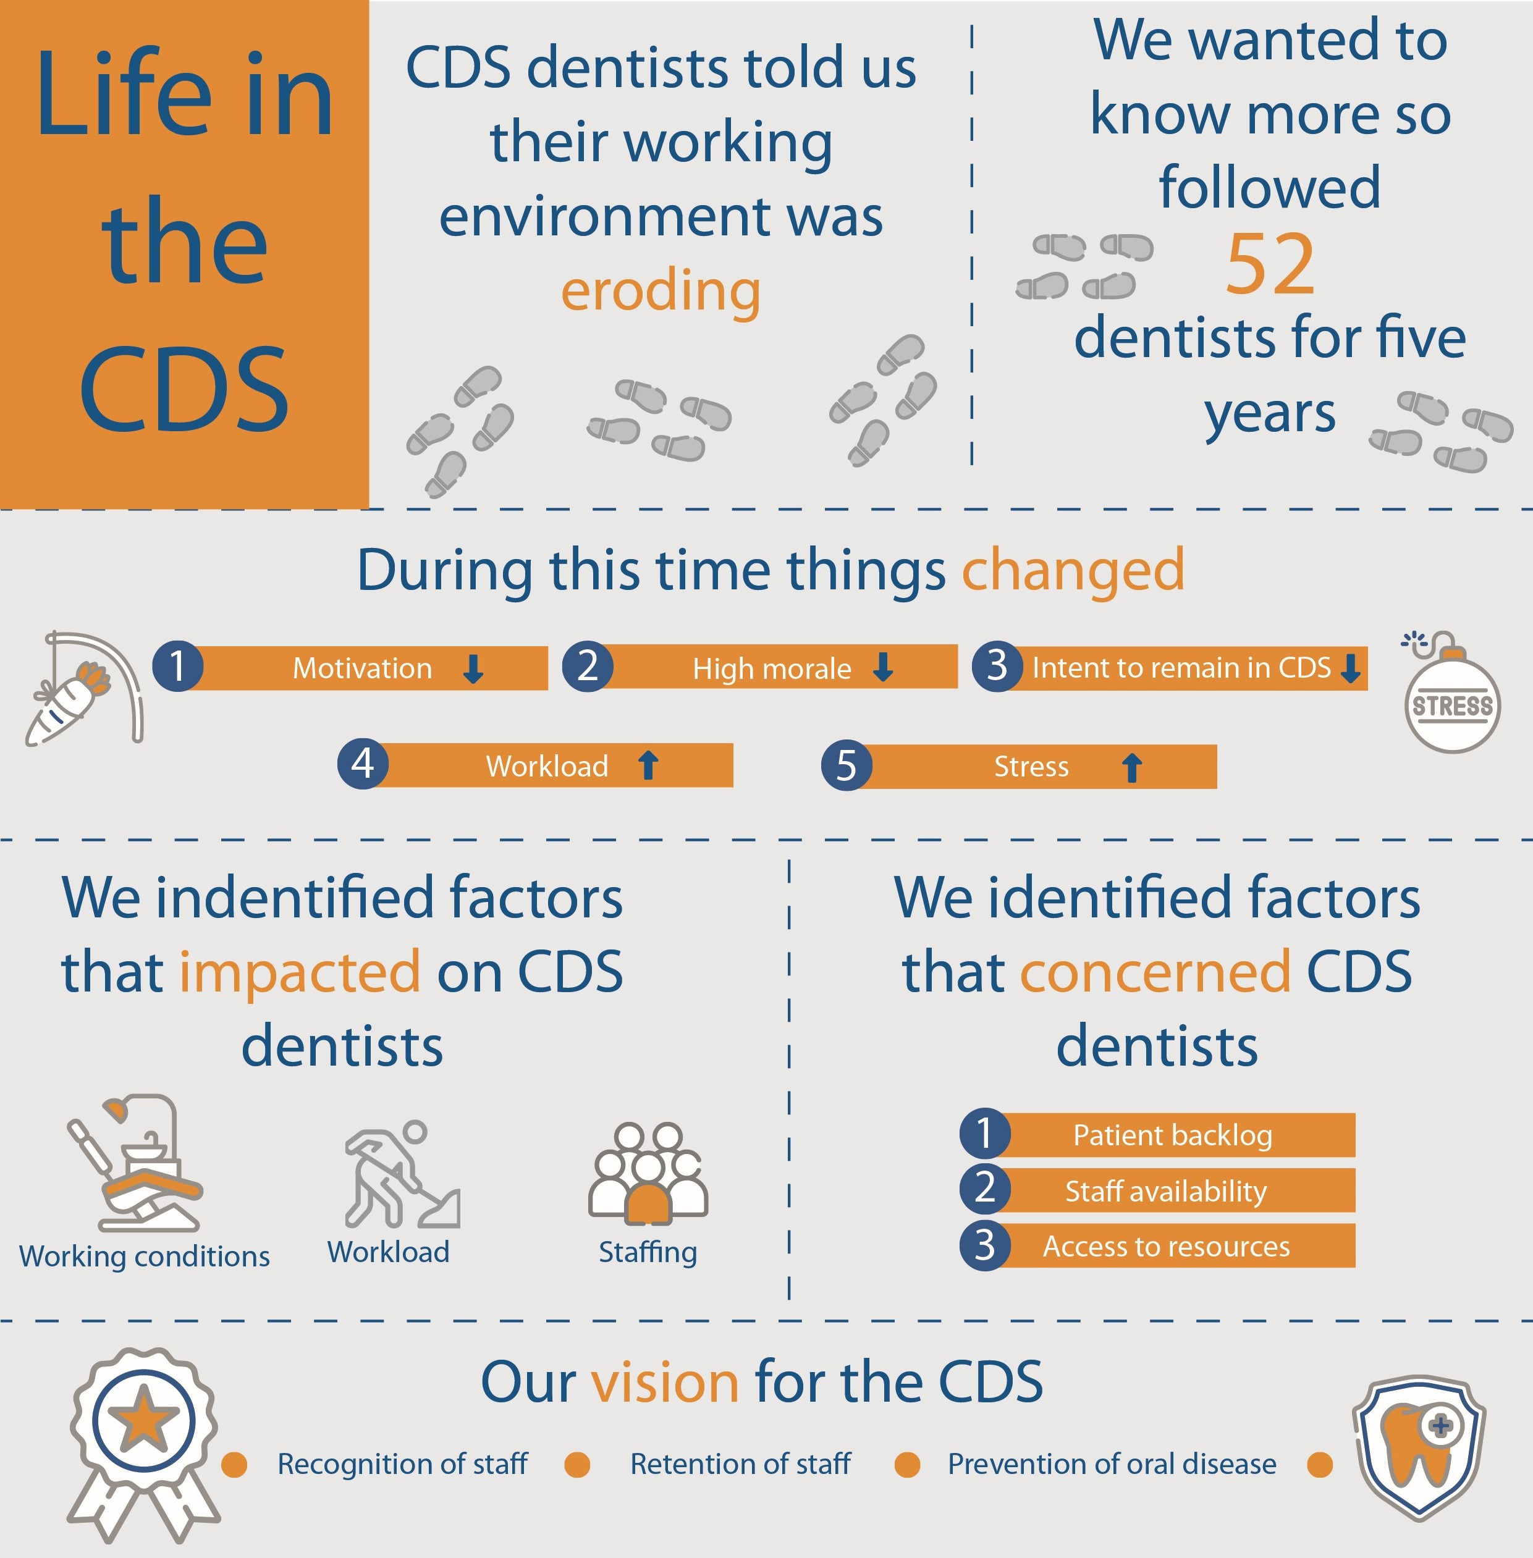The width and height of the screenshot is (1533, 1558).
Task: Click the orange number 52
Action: pyautogui.click(x=1270, y=264)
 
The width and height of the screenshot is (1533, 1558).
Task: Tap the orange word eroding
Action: pyautogui.click(x=660, y=292)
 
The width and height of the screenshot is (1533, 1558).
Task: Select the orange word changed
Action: pyautogui.click(x=1073, y=571)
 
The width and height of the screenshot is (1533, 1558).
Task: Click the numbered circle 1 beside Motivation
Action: pyautogui.click(x=178, y=666)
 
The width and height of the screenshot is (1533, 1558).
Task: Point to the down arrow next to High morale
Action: pyautogui.click(x=883, y=667)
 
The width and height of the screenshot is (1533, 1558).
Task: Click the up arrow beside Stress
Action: pyautogui.click(x=1132, y=767)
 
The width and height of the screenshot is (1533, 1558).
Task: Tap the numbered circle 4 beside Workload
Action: pyautogui.click(x=363, y=764)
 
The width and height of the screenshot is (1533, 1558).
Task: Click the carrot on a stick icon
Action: pyautogui.click(x=85, y=688)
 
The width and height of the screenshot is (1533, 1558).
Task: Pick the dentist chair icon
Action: pyautogui.click(x=135, y=1162)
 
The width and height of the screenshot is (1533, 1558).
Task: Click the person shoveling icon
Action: pyautogui.click(x=402, y=1173)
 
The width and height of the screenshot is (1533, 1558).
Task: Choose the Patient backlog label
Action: pyautogui.click(x=1172, y=1135)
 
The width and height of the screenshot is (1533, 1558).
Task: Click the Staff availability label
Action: pyautogui.click(x=1166, y=1191)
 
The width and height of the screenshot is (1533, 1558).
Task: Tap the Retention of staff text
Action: pyautogui.click(x=740, y=1464)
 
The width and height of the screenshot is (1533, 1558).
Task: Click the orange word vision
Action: pyautogui.click(x=665, y=1383)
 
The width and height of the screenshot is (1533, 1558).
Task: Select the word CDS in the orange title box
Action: pyautogui.click(x=184, y=390)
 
